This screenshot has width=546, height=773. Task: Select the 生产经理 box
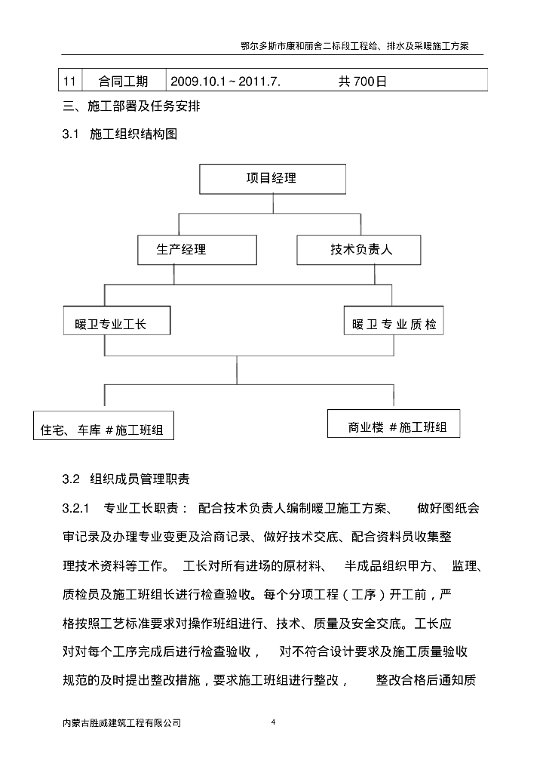coord(181,250)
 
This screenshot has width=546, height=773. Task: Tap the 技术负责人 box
coord(358,250)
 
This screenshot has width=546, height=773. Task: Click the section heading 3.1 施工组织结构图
coord(121,134)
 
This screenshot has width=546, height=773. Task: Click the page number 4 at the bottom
coord(273,722)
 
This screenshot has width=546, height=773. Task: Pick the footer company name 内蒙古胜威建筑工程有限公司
coord(122,722)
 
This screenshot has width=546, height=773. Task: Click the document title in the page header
coord(360,46)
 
